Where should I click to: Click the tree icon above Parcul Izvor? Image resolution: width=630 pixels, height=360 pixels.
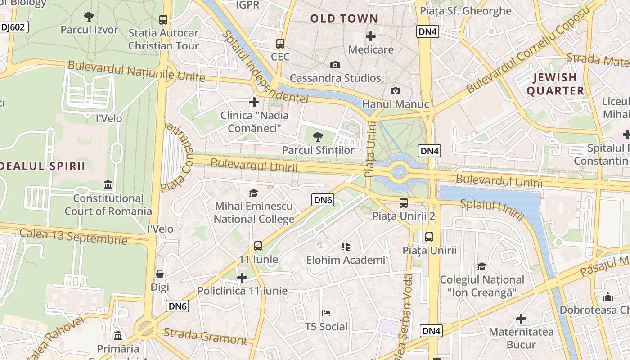[x=89, y=17]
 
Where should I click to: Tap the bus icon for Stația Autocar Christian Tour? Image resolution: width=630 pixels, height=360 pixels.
[x=163, y=20]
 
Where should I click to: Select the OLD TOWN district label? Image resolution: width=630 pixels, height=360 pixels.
[x=344, y=18]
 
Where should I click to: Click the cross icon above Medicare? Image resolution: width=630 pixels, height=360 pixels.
[x=371, y=36]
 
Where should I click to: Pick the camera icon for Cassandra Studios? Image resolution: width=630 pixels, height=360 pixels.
[x=335, y=65]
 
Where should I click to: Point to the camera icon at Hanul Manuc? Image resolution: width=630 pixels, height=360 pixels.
[x=396, y=91]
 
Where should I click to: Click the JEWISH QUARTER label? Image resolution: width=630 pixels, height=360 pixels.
[x=555, y=84]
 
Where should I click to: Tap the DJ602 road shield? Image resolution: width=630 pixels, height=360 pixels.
[x=13, y=27]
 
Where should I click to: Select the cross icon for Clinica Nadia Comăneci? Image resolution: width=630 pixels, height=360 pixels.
[x=254, y=102]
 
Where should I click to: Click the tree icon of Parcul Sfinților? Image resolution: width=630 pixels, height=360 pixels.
[x=318, y=137]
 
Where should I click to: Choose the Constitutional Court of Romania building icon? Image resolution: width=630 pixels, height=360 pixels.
[x=108, y=185]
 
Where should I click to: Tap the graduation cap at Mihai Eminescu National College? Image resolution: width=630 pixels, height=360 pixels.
[x=254, y=193]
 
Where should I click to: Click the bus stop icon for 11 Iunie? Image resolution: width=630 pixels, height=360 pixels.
[x=258, y=246]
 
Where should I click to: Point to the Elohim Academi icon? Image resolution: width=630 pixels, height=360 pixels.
[x=346, y=247]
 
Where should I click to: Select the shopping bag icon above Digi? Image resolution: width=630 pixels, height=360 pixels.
[x=160, y=274]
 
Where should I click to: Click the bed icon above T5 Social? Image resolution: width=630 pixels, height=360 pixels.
[x=327, y=313]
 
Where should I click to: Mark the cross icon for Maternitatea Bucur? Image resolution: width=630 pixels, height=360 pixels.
[x=521, y=319]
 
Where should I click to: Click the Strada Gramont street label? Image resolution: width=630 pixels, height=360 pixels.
[x=205, y=336]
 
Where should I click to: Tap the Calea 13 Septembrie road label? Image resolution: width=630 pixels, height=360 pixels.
[x=73, y=236]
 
